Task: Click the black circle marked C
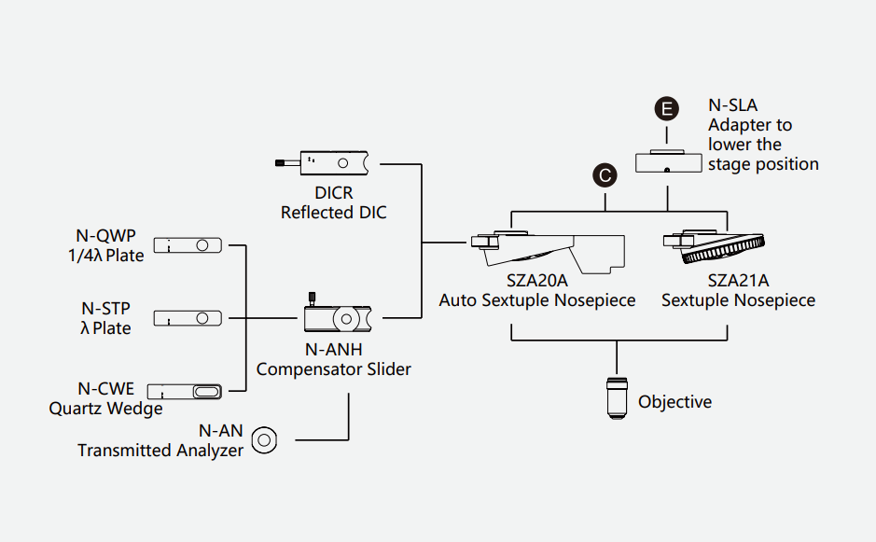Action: [605, 174]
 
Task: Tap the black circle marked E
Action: [666, 110]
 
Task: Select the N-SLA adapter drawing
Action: [668, 160]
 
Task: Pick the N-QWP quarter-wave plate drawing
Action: [188, 246]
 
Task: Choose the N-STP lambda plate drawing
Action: [188, 319]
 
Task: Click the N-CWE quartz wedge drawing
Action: [188, 391]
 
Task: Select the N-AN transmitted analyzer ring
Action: [266, 438]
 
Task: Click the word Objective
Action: [674, 402]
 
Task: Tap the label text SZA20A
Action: [536, 281]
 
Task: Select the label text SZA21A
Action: [738, 281]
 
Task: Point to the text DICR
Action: [333, 194]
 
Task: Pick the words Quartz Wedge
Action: [105, 409]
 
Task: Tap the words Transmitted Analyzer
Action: [160, 451]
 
